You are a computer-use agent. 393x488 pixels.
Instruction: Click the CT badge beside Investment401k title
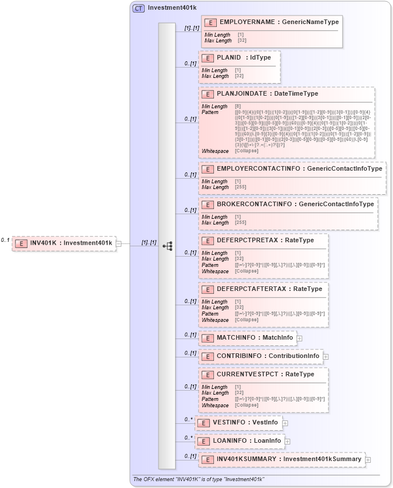pyautogui.click(x=138, y=8)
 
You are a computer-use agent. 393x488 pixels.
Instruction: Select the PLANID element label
pyautogui.click(x=229, y=58)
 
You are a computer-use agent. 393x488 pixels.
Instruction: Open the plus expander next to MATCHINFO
pyautogui.click(x=300, y=339)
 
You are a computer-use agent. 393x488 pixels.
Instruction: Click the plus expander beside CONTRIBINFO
pyautogui.click(x=326, y=357)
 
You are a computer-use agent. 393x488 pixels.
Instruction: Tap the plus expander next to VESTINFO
pyautogui.click(x=285, y=423)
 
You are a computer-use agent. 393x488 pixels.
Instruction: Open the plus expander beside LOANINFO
pyautogui.click(x=288, y=442)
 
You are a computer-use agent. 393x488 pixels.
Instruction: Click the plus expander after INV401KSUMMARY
pyautogui.click(x=368, y=459)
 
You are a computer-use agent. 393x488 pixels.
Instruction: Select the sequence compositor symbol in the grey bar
pyautogui.click(x=167, y=246)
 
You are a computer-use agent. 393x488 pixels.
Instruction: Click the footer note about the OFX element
pyautogui.click(x=199, y=479)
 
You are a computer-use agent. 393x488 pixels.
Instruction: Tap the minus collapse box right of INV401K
pyautogui.click(x=118, y=243)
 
